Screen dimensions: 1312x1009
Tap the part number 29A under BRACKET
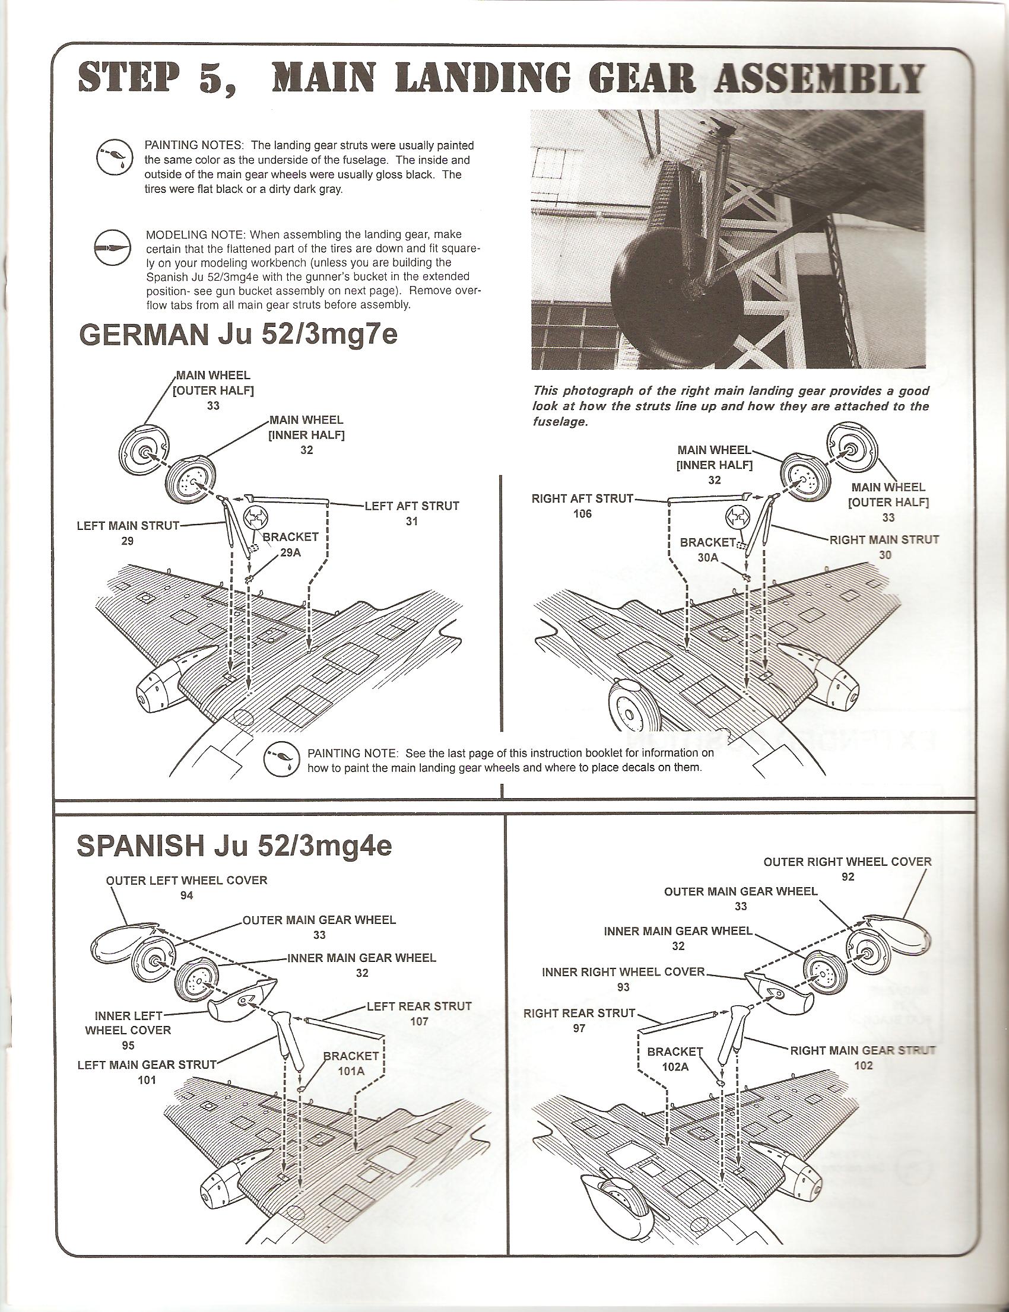[x=290, y=553]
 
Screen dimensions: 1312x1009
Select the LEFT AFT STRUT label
[x=412, y=506]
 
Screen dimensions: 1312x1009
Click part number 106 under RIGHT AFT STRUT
[x=583, y=513]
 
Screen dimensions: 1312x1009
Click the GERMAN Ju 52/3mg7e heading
[x=238, y=335]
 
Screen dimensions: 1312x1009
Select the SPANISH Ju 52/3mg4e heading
[x=234, y=846]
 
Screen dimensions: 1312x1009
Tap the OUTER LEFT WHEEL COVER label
[x=186, y=880]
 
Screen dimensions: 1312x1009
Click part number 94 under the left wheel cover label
[x=187, y=895]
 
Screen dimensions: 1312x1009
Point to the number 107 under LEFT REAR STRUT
[x=418, y=1021]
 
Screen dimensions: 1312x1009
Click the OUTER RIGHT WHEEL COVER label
[x=847, y=862]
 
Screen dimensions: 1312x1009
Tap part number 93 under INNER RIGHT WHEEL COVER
[x=623, y=987]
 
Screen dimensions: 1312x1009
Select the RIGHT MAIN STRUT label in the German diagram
[x=884, y=539]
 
